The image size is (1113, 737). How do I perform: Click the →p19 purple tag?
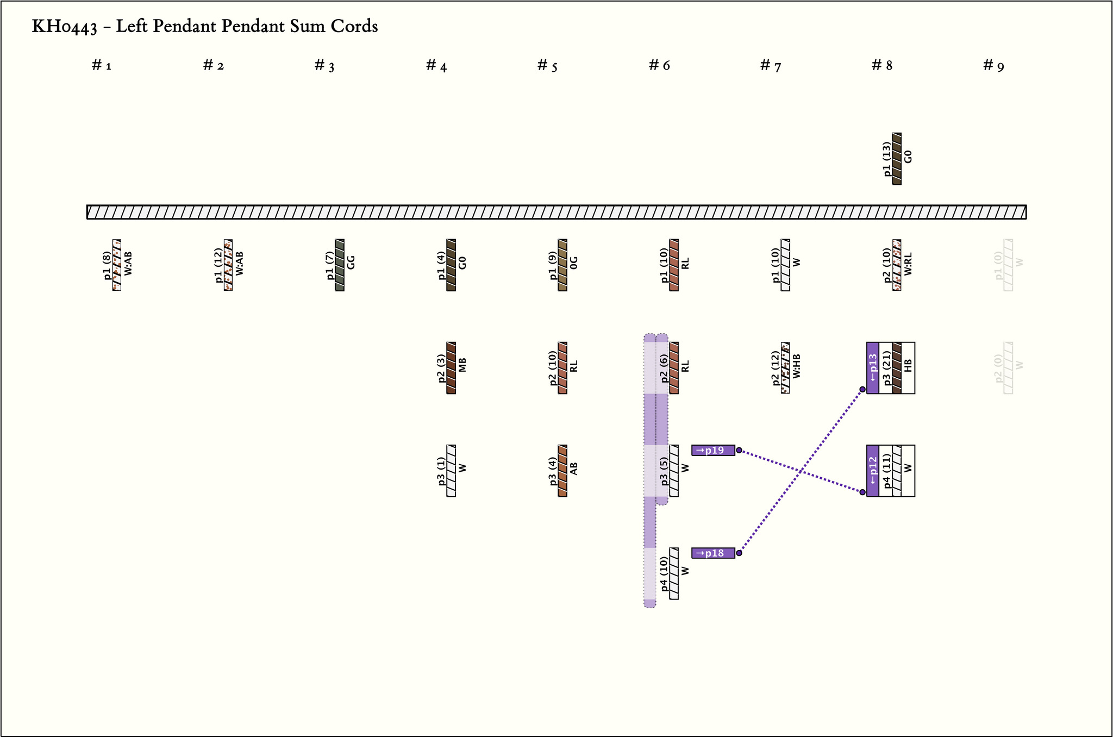712,450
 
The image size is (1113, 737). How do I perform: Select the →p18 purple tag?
712,553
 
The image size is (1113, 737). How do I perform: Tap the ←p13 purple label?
872,368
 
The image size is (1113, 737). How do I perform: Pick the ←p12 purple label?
872,471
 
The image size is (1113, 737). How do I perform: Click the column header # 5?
547,66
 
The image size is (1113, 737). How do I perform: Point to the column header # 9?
993,66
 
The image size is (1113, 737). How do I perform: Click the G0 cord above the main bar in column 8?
897,159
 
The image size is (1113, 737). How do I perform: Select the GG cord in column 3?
340,265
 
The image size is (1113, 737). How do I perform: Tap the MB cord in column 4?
451,368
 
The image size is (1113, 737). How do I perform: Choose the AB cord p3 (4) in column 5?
562,471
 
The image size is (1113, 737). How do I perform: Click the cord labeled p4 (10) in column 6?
674,573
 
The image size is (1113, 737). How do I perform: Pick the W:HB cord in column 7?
785,368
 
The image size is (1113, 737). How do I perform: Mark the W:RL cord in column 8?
897,265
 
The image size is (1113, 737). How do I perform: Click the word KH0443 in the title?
64,27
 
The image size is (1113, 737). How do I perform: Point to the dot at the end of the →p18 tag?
739,553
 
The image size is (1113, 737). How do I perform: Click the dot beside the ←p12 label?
862,492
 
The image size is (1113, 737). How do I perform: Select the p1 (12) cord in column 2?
228,265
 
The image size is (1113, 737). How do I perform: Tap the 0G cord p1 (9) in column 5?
562,265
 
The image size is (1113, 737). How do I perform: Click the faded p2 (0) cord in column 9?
1008,368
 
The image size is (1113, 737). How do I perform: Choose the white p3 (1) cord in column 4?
451,471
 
